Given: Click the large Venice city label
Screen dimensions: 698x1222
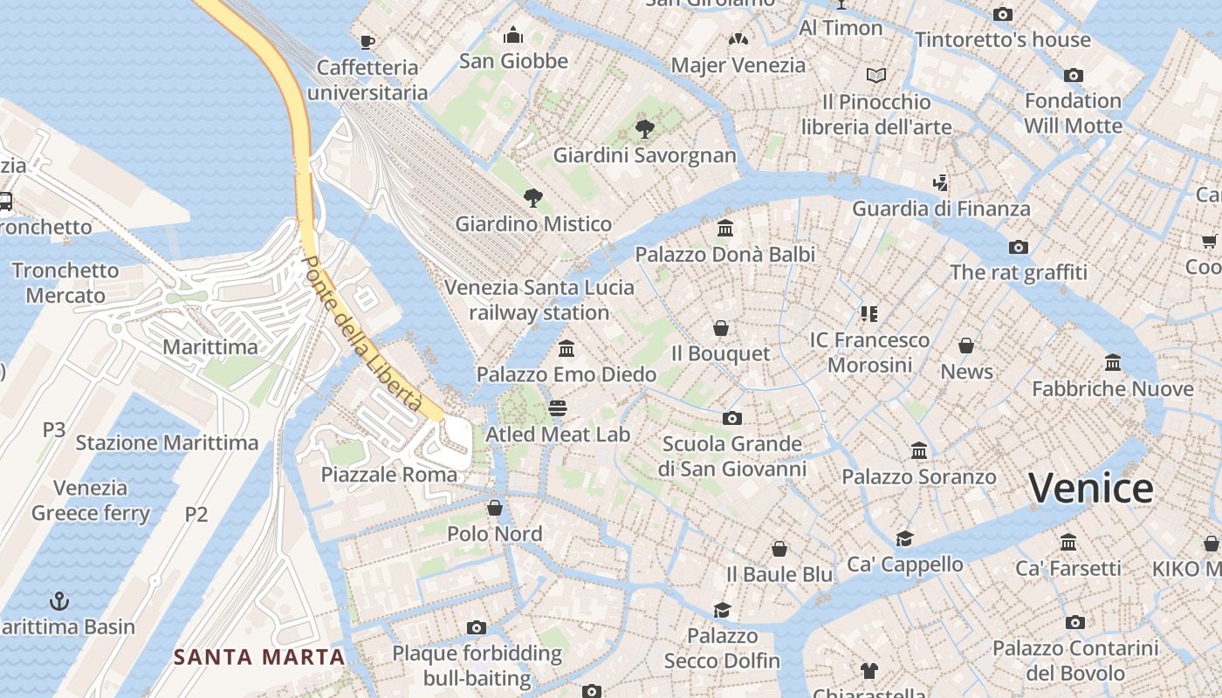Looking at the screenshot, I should pyautogui.click(x=1091, y=489).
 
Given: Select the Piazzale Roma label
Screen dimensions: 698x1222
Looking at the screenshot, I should pyautogui.click(x=389, y=475).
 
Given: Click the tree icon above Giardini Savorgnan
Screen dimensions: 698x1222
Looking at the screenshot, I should pyautogui.click(x=645, y=129).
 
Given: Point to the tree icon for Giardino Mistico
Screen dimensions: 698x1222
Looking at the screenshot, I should pyautogui.click(x=532, y=198).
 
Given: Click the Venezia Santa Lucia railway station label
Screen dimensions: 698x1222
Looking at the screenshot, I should pyautogui.click(x=539, y=299).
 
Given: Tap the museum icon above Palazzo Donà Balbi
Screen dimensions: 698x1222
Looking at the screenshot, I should pyautogui.click(x=724, y=229).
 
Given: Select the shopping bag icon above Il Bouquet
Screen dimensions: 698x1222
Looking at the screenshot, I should pyautogui.click(x=721, y=328).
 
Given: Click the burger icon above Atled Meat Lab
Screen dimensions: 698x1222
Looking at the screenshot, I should pyautogui.click(x=557, y=408).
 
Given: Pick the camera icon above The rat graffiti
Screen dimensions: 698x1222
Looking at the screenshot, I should pyautogui.click(x=1018, y=247).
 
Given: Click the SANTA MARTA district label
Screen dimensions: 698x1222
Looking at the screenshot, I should pyautogui.click(x=259, y=656).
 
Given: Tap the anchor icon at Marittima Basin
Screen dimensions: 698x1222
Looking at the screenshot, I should pyautogui.click(x=59, y=601).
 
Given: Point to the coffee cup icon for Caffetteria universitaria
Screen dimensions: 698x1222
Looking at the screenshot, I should pyautogui.click(x=367, y=42).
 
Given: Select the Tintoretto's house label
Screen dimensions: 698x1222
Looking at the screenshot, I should pyautogui.click(x=1003, y=39).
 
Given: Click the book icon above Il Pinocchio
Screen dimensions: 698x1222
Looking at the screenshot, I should pyautogui.click(x=876, y=76).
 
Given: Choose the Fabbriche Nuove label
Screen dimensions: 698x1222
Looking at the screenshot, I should pyautogui.click(x=1113, y=388).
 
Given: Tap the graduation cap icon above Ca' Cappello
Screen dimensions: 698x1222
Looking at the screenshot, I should pyautogui.click(x=904, y=539).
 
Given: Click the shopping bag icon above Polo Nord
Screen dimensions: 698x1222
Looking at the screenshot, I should pyautogui.click(x=495, y=508).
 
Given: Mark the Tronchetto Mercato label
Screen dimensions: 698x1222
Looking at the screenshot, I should pyautogui.click(x=65, y=283).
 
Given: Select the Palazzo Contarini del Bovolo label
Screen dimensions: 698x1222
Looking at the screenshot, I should pyautogui.click(x=1075, y=660).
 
